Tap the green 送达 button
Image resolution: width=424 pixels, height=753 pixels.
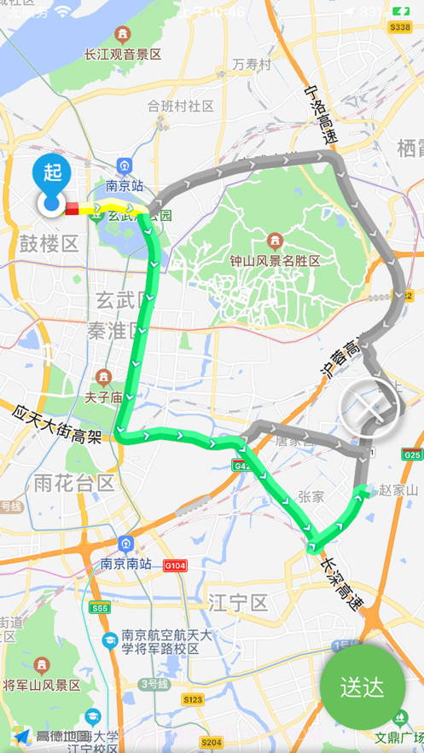(x=363, y=687)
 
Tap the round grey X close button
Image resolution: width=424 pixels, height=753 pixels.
(x=369, y=408)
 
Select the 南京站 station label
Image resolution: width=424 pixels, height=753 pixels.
(x=125, y=186)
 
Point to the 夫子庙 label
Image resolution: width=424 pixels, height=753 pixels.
(x=104, y=396)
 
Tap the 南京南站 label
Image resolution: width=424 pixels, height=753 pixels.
(x=125, y=564)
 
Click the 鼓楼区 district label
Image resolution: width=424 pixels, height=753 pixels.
(x=49, y=244)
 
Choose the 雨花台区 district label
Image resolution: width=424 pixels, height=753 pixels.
(x=74, y=484)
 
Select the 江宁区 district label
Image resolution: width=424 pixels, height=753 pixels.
(x=238, y=604)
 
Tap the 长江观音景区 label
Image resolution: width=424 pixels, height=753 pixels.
(x=122, y=54)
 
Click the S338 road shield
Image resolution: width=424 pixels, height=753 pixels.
(x=399, y=28)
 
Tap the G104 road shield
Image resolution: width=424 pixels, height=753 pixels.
(x=175, y=565)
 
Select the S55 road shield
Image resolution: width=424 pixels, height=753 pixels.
(x=100, y=608)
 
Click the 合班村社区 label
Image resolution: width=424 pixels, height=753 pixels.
(x=179, y=107)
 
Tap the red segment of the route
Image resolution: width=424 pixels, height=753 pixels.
(x=73, y=207)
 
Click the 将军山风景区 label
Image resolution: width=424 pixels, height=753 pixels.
(x=42, y=685)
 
